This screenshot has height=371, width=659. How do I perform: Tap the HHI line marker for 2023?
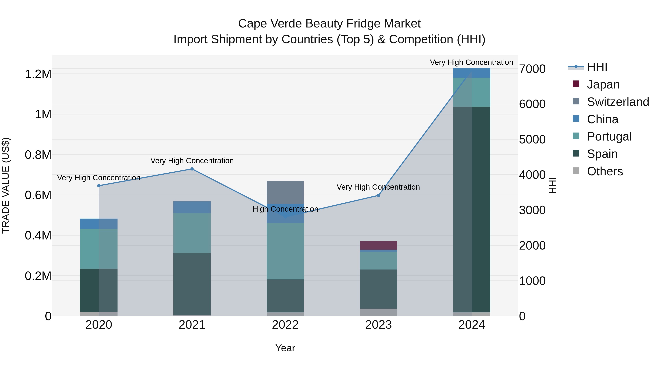click(378, 195)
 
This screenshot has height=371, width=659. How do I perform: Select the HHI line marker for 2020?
click(99, 186)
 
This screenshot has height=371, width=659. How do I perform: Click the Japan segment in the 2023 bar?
click(378, 245)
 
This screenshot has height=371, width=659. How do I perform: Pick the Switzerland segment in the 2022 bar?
click(285, 192)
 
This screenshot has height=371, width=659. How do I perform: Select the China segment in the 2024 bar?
click(472, 73)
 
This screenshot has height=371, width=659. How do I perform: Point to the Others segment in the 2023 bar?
click(378, 312)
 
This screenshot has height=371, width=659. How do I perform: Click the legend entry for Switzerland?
click(618, 102)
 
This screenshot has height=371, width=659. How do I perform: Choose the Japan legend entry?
click(603, 84)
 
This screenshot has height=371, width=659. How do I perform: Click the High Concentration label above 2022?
click(285, 209)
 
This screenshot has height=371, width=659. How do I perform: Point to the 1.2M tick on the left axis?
click(38, 74)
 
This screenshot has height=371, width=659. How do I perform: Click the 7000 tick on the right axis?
click(532, 69)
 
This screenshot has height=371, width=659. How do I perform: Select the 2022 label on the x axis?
click(285, 325)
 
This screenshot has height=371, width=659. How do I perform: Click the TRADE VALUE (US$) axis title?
click(6, 185)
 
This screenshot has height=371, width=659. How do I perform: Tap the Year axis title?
click(285, 348)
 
